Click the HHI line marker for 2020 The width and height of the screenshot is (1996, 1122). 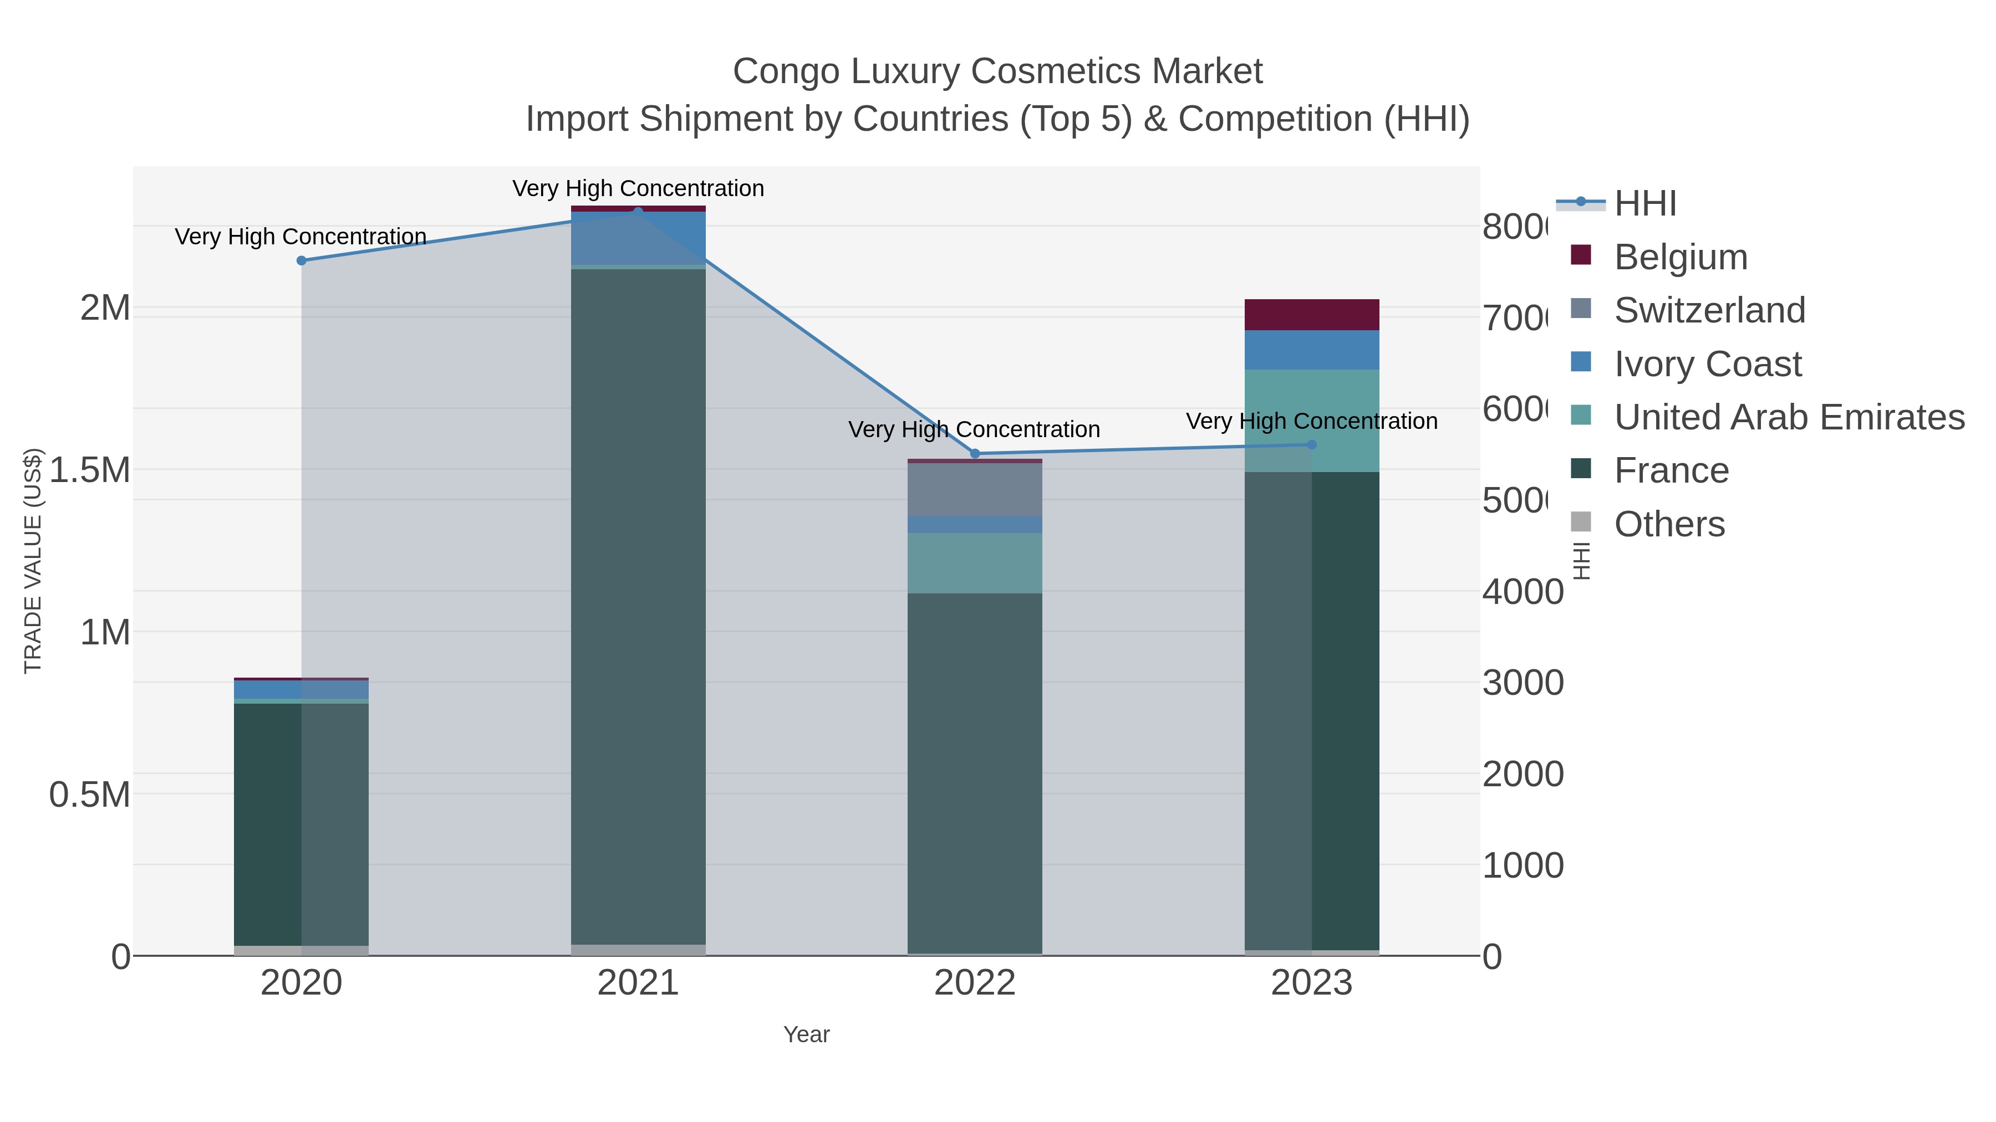click(302, 261)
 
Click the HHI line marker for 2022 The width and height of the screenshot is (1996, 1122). click(975, 454)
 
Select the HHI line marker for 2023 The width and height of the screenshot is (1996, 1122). click(1311, 444)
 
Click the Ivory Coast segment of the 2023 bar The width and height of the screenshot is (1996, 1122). click(1311, 350)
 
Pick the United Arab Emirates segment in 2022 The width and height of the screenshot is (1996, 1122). click(975, 563)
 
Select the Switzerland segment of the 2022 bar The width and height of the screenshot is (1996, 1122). click(975, 489)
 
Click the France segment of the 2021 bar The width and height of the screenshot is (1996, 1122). click(638, 604)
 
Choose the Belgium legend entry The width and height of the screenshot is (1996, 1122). click(1680, 257)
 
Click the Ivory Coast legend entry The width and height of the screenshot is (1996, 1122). click(1707, 364)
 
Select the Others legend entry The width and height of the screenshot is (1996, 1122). click(1669, 524)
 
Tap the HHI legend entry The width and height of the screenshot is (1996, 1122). click(1644, 204)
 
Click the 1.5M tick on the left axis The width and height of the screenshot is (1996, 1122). click(90, 470)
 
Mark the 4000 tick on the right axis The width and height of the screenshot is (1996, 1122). click(1522, 592)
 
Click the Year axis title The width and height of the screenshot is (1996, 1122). click(806, 1034)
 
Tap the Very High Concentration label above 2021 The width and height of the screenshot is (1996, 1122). click(638, 188)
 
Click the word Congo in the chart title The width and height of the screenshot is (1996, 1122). click(786, 71)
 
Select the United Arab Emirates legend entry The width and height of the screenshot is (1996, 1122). click(1788, 417)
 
